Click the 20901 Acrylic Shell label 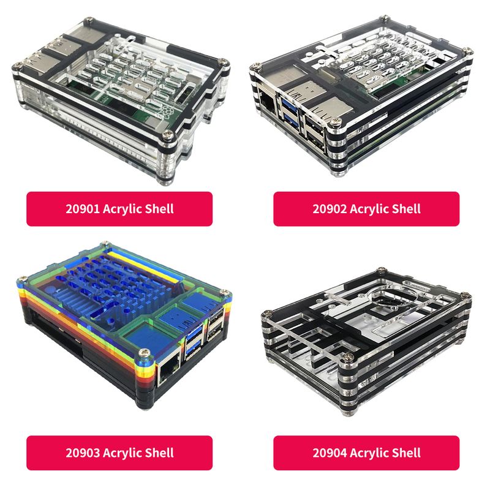click(119, 209)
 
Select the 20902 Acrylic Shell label click(366, 209)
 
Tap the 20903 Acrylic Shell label click(119, 453)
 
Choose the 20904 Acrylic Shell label click(366, 453)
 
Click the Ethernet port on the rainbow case click(170, 371)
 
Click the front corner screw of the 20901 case click(168, 135)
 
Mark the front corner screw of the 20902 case click(336, 121)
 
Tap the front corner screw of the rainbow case click(145, 353)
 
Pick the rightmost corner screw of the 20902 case click(467, 51)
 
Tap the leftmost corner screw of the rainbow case click(22, 279)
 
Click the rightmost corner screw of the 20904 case click(466, 295)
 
